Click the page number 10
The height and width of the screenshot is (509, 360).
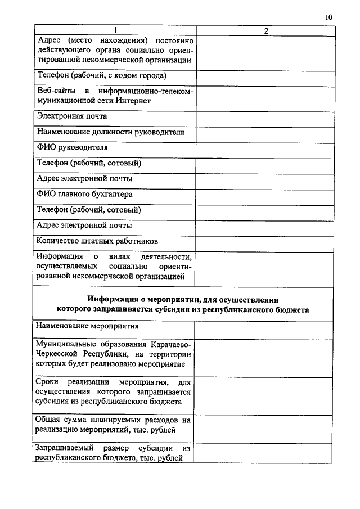pos(328,17)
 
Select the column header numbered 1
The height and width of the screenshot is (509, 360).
pos(115,30)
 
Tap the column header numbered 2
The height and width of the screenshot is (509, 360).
pos(266,30)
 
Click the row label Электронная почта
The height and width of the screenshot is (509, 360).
pos(72,116)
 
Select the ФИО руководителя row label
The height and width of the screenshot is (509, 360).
pos(72,148)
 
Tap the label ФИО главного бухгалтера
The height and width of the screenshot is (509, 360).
pos(85,194)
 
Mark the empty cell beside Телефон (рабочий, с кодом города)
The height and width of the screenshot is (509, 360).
pos(266,75)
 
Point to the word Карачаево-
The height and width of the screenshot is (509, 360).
pos(172,343)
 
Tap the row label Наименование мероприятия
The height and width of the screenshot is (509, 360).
pos(87,326)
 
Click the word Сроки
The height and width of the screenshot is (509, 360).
pos(47,382)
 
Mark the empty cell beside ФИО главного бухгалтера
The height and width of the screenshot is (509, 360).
pos(266,194)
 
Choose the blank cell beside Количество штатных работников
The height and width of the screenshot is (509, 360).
pos(266,241)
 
